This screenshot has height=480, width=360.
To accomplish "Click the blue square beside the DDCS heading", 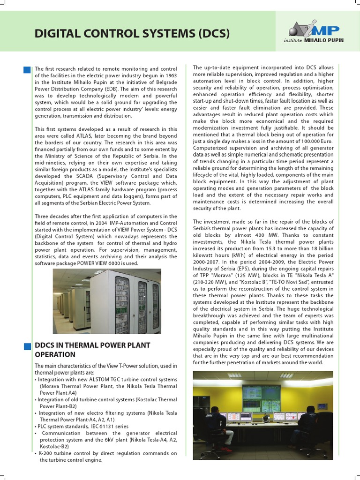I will point(27,346).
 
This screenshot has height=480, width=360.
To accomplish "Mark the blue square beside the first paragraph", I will point(27,70).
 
